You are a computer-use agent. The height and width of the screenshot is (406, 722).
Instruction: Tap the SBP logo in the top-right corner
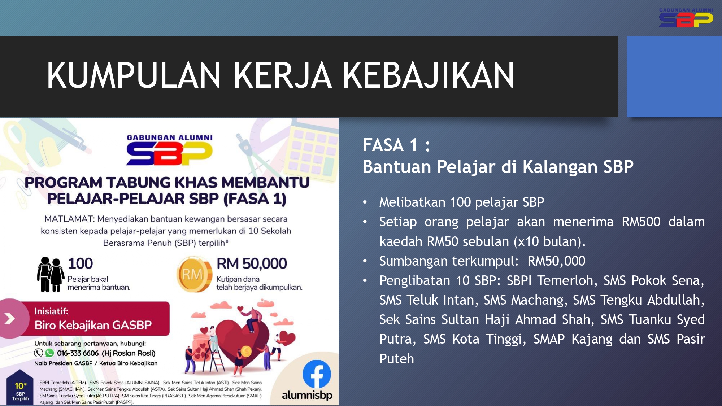coord(686,18)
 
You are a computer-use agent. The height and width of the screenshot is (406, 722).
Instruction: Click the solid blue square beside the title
coord(674,77)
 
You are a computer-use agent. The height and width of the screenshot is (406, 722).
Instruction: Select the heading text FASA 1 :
coord(396,145)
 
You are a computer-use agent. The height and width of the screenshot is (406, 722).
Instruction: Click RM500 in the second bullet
coord(641,222)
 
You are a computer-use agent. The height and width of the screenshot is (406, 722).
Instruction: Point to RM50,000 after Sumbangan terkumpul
coord(556,261)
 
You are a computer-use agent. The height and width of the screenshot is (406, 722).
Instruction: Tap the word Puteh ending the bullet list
coord(397,359)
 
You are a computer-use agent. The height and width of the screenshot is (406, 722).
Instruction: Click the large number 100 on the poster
coord(81,263)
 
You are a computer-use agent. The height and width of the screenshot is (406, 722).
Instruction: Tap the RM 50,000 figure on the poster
coord(252,263)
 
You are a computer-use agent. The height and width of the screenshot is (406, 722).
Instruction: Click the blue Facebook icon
coord(317,374)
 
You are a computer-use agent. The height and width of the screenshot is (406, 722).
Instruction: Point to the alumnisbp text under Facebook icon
coord(307,395)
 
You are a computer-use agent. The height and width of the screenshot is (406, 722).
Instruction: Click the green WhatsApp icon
coord(49,353)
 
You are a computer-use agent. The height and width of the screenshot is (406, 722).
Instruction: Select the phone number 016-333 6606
coord(78,353)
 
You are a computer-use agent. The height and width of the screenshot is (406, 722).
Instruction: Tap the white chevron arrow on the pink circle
coord(10,318)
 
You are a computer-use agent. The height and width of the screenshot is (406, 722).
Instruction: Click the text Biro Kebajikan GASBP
coord(93,325)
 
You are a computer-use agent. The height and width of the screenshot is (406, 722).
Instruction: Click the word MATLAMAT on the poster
coord(69,219)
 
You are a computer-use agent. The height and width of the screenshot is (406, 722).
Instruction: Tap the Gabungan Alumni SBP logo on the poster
coord(170,150)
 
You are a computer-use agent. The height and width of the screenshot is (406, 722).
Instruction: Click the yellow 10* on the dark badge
coord(21,386)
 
